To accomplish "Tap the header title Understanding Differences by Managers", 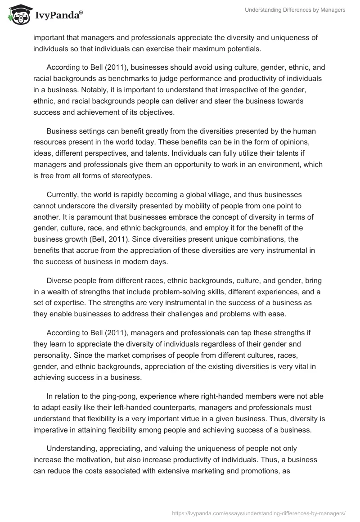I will (x=295, y=10).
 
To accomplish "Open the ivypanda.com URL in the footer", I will (x=259, y=512).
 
